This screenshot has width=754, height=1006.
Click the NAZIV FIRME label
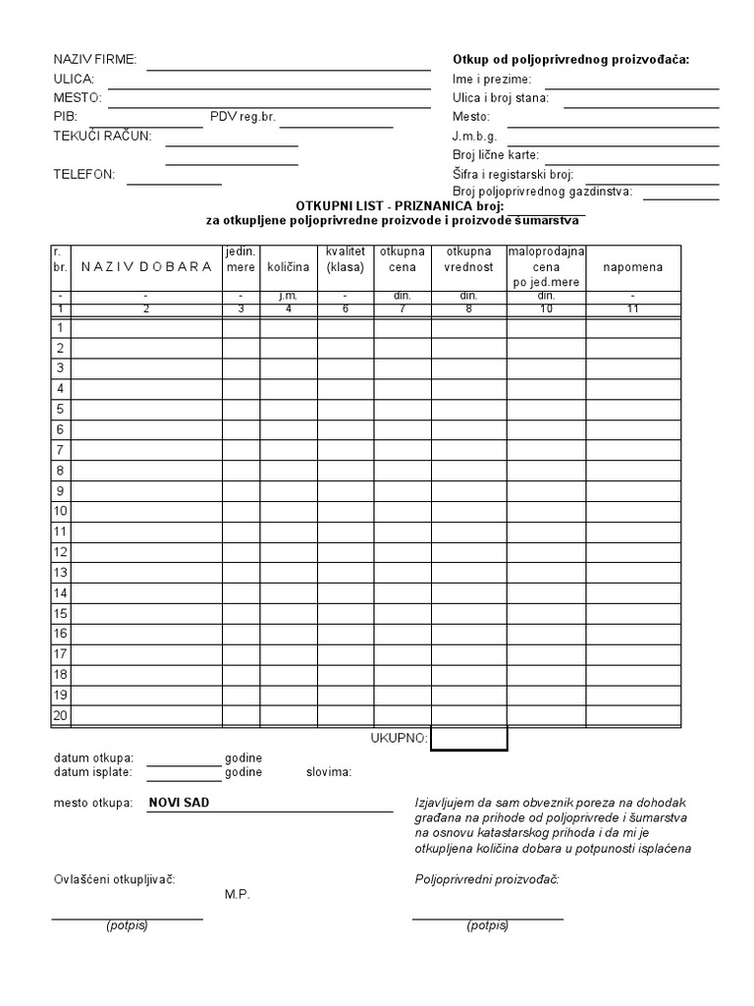coord(95,60)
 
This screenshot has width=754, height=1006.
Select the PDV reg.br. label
coord(243,116)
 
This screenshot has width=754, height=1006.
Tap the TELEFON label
coord(83,174)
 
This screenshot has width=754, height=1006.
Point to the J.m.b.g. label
coord(475,136)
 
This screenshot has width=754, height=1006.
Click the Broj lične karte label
coord(496,154)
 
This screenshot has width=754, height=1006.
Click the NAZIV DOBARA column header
coord(146,267)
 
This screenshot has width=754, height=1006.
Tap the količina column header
coord(288,267)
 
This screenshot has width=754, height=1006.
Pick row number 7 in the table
coord(60,450)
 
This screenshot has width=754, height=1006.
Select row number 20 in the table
coord(60,715)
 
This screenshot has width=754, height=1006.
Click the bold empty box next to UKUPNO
coord(468,739)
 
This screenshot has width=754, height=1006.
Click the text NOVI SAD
coord(179,803)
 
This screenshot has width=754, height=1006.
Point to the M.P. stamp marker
coord(238,895)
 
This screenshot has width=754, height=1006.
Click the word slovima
coord(330,772)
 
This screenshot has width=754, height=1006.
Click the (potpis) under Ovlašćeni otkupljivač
coord(127,925)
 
